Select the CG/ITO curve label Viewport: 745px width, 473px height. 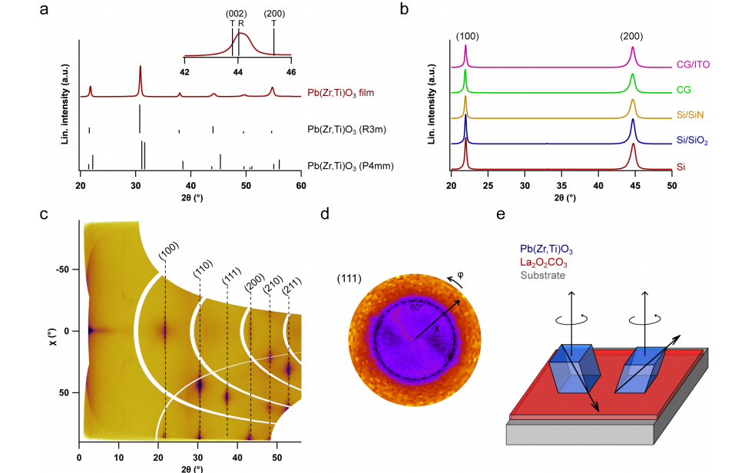pyautogui.click(x=694, y=64)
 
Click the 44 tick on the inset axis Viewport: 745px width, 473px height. pyautogui.click(x=238, y=71)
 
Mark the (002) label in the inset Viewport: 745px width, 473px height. pyautogui.click(x=232, y=14)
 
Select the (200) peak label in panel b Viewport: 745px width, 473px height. pyautogui.click(x=633, y=35)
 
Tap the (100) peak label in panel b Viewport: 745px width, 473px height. pyautogui.click(x=467, y=35)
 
